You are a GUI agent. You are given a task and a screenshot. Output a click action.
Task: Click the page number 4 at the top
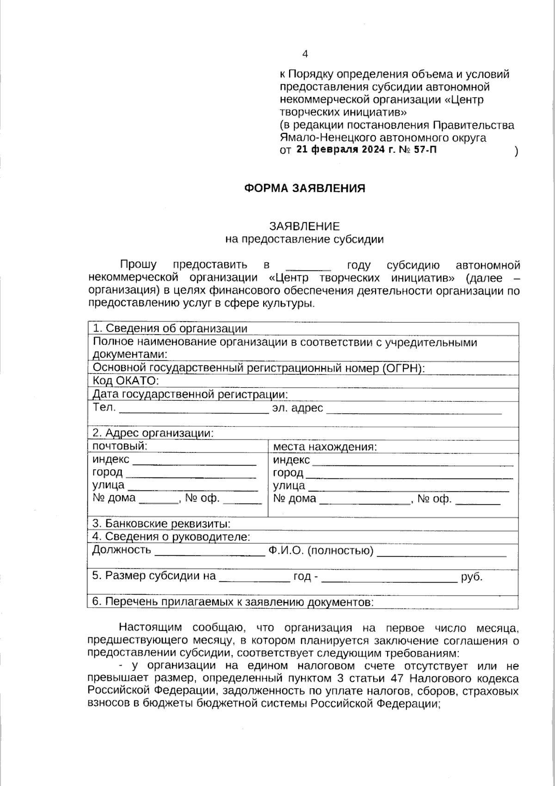click(305, 54)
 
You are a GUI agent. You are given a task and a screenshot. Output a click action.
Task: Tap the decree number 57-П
click(425, 150)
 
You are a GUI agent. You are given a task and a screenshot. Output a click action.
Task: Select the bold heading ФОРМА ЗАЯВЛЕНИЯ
click(304, 189)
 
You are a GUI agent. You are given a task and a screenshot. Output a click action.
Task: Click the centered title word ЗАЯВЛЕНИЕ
click(304, 226)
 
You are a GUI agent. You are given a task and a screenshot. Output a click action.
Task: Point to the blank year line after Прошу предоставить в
click(308, 267)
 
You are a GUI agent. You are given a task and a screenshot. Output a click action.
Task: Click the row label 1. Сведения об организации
click(170, 328)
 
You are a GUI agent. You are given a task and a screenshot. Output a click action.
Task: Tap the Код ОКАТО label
click(125, 381)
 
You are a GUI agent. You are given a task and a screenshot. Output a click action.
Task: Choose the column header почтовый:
click(120, 446)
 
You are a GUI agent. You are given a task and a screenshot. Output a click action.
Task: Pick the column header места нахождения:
click(325, 447)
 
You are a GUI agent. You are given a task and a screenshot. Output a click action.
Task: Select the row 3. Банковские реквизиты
click(161, 524)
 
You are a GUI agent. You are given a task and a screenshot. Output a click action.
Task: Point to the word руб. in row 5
click(472, 577)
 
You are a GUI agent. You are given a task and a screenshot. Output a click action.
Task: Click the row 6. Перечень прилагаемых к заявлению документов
click(233, 602)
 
